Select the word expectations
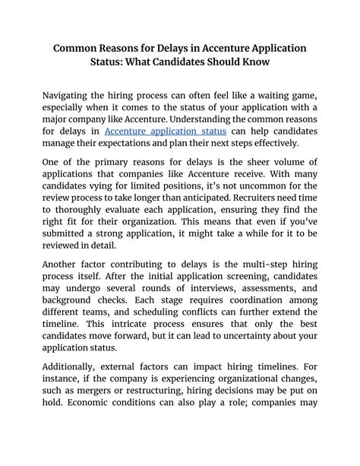pos(150,142)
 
